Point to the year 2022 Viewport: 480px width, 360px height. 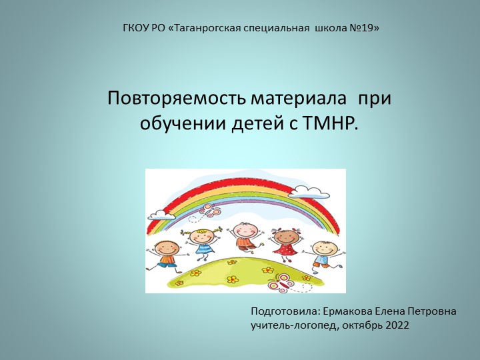point(397,325)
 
